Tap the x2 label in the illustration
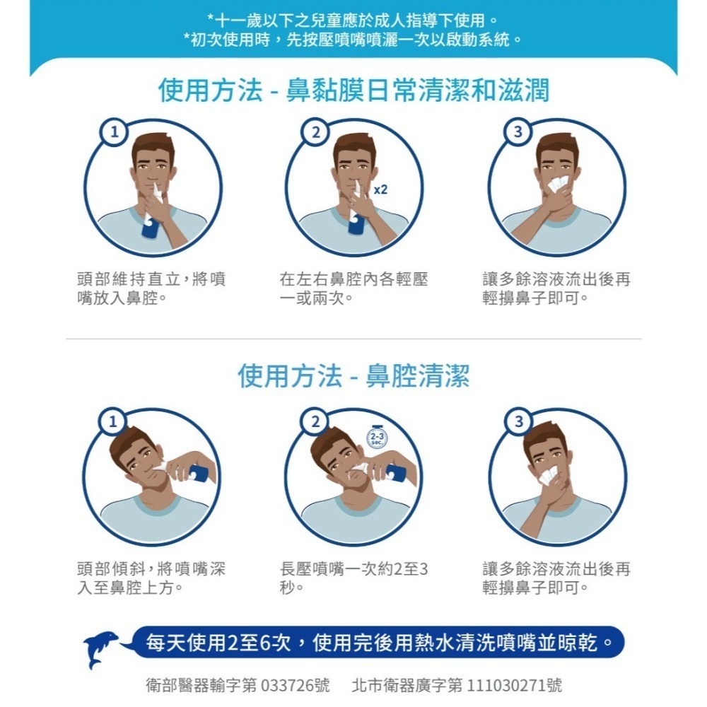pos(380,190)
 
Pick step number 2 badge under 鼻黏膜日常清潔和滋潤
pos(316,132)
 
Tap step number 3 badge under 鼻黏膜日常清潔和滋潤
pos(518,132)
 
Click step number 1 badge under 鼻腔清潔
pos(113,422)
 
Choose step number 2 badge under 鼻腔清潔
pos(315,422)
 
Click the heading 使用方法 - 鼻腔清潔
pos(353,375)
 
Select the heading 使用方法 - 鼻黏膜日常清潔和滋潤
pos(353,90)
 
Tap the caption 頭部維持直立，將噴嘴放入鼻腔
pos(151,288)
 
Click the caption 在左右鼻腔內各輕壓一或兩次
pos(353,288)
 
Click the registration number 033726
pos(287,685)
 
